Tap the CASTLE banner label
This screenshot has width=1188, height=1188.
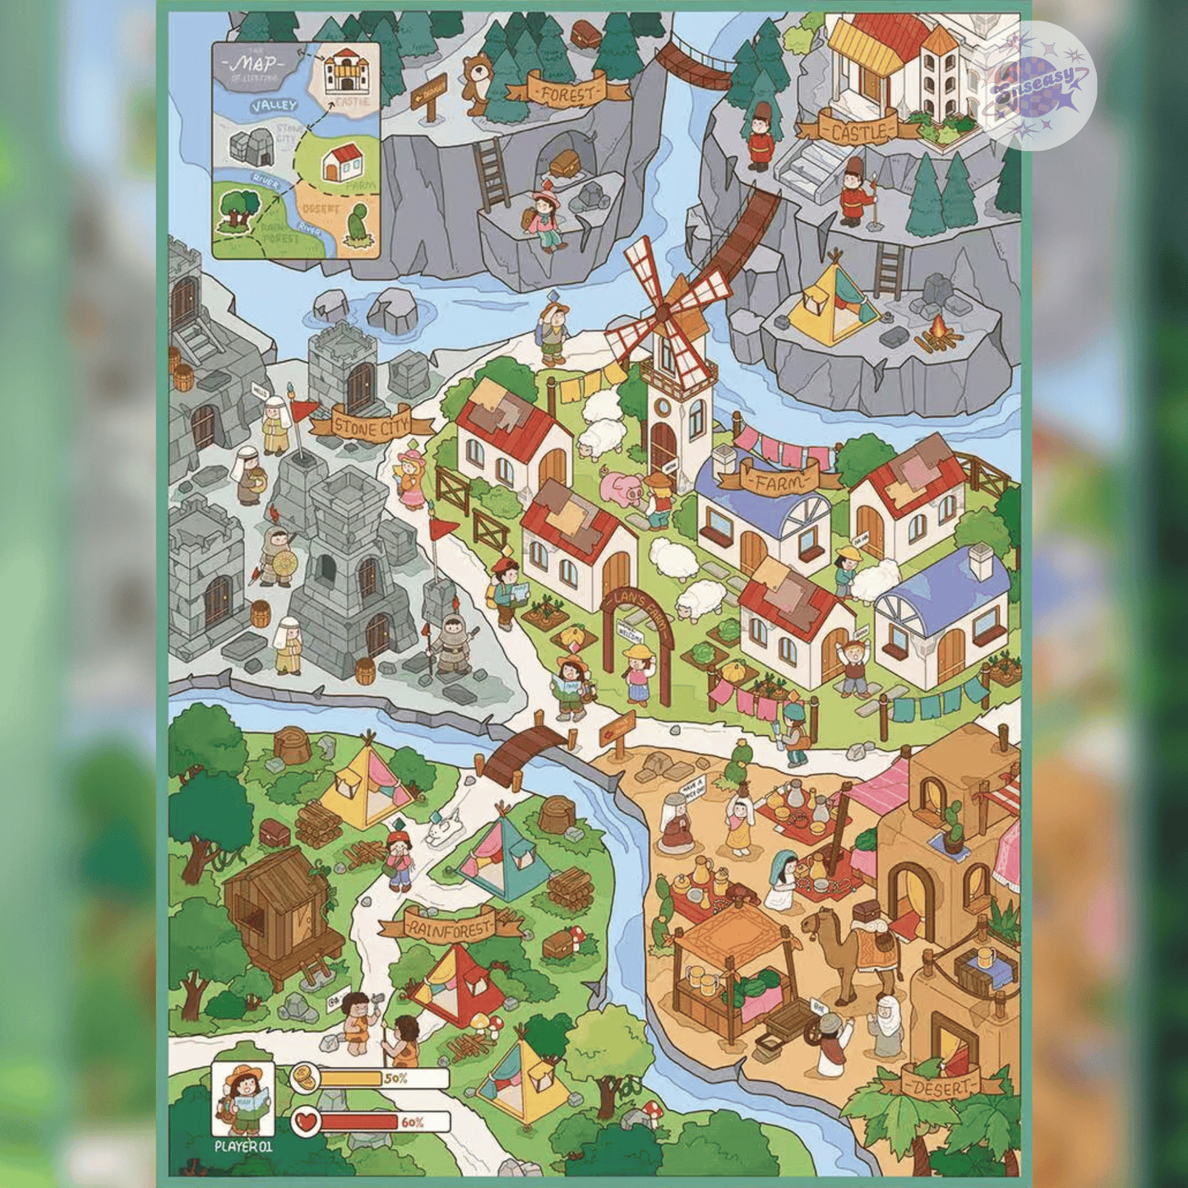coord(857,130)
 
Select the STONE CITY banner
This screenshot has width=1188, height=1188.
coord(372,426)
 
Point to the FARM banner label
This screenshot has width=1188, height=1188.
coord(779,481)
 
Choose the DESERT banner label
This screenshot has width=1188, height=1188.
coord(942,1087)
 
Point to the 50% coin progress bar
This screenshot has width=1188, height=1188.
coord(370,1078)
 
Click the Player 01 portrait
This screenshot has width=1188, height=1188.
coord(243,1098)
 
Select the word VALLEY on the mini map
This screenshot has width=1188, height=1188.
coord(274,106)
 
